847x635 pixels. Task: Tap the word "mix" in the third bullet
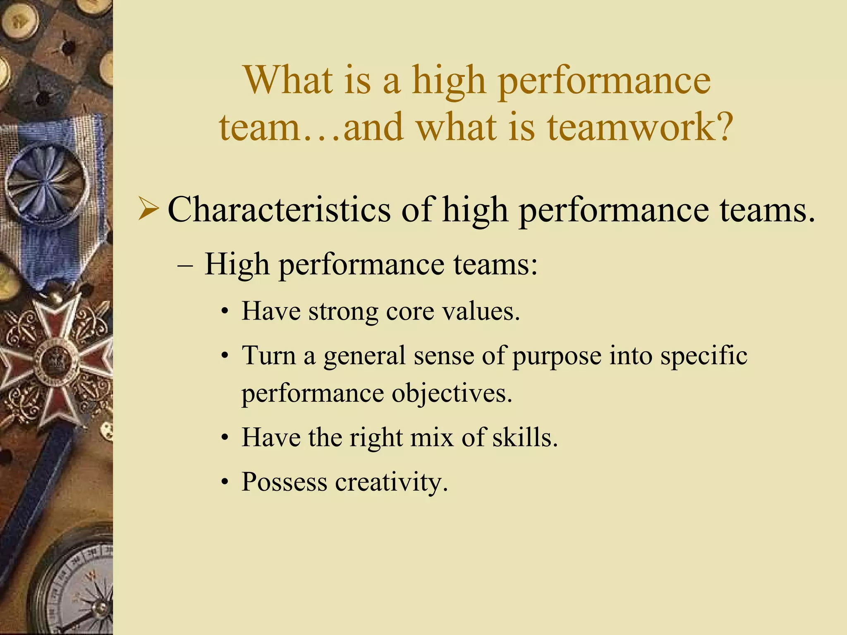point(432,437)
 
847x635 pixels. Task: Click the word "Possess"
point(284,482)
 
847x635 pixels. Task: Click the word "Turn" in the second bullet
point(269,356)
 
